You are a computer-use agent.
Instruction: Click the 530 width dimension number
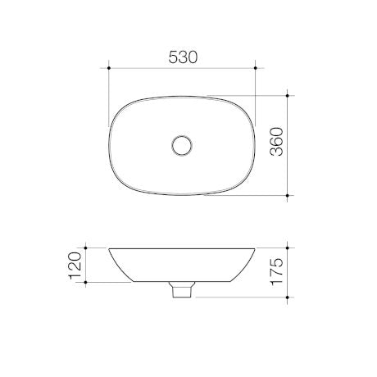coord(183,57)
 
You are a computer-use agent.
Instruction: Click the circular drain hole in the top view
coord(182,146)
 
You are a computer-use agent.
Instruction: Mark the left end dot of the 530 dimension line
coord(109,69)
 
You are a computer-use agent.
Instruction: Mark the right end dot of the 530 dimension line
coord(257,69)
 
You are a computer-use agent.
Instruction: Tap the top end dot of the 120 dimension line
coord(85,247)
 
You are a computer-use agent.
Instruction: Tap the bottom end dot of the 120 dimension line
coord(85,281)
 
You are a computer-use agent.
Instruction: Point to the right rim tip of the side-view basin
coord(256,248)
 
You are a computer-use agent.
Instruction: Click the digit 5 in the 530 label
coord(172,57)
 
